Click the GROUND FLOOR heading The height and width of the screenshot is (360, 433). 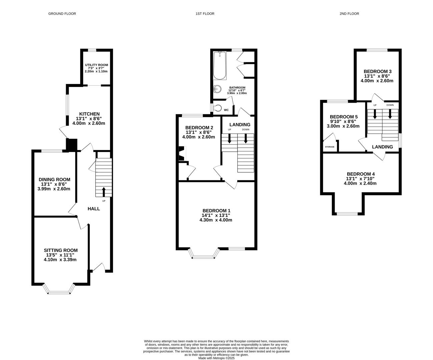pyautogui.click(x=62, y=14)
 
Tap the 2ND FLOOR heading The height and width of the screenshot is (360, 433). pyautogui.click(x=349, y=14)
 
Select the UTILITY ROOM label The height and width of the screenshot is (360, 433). pyautogui.click(x=96, y=65)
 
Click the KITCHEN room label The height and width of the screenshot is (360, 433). pyautogui.click(x=89, y=114)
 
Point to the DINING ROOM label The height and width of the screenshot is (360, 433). pyautogui.click(x=54, y=180)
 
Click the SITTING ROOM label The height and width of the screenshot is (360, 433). pyautogui.click(x=61, y=250)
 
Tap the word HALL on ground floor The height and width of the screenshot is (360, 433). pyautogui.click(x=94, y=209)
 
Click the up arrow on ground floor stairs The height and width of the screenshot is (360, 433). pyautogui.click(x=103, y=192)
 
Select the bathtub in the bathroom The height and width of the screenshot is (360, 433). pyautogui.click(x=220, y=66)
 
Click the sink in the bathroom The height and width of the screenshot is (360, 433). pyautogui.click(x=218, y=89)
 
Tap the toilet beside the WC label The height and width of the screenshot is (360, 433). pyautogui.click(x=218, y=108)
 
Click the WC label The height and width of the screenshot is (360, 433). pyautogui.click(x=226, y=110)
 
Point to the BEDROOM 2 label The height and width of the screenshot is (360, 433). pyautogui.click(x=199, y=128)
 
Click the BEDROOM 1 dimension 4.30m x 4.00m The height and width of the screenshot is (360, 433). pyautogui.click(x=216, y=220)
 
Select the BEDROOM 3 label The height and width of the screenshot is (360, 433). pyautogui.click(x=377, y=71)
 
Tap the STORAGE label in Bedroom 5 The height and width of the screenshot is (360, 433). pyautogui.click(x=330, y=147)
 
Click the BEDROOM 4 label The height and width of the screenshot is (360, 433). pyautogui.click(x=361, y=174)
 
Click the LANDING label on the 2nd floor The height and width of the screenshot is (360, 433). pyautogui.click(x=382, y=147)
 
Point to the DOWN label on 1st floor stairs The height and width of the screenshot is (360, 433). pyautogui.click(x=246, y=129)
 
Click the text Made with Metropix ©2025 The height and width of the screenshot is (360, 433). pyautogui.click(x=217, y=358)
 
